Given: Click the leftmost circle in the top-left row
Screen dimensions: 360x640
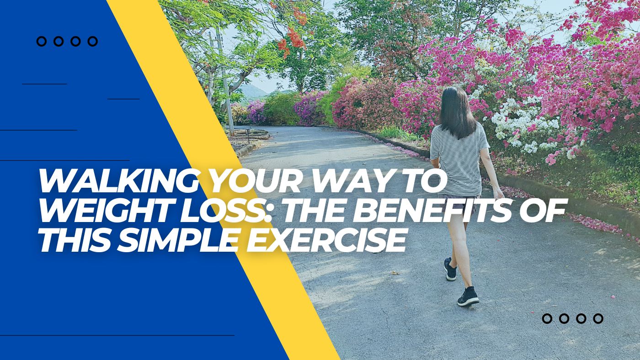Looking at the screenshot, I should coord(42,42).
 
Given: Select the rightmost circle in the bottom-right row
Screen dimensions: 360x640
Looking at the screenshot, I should coord(598,319).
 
